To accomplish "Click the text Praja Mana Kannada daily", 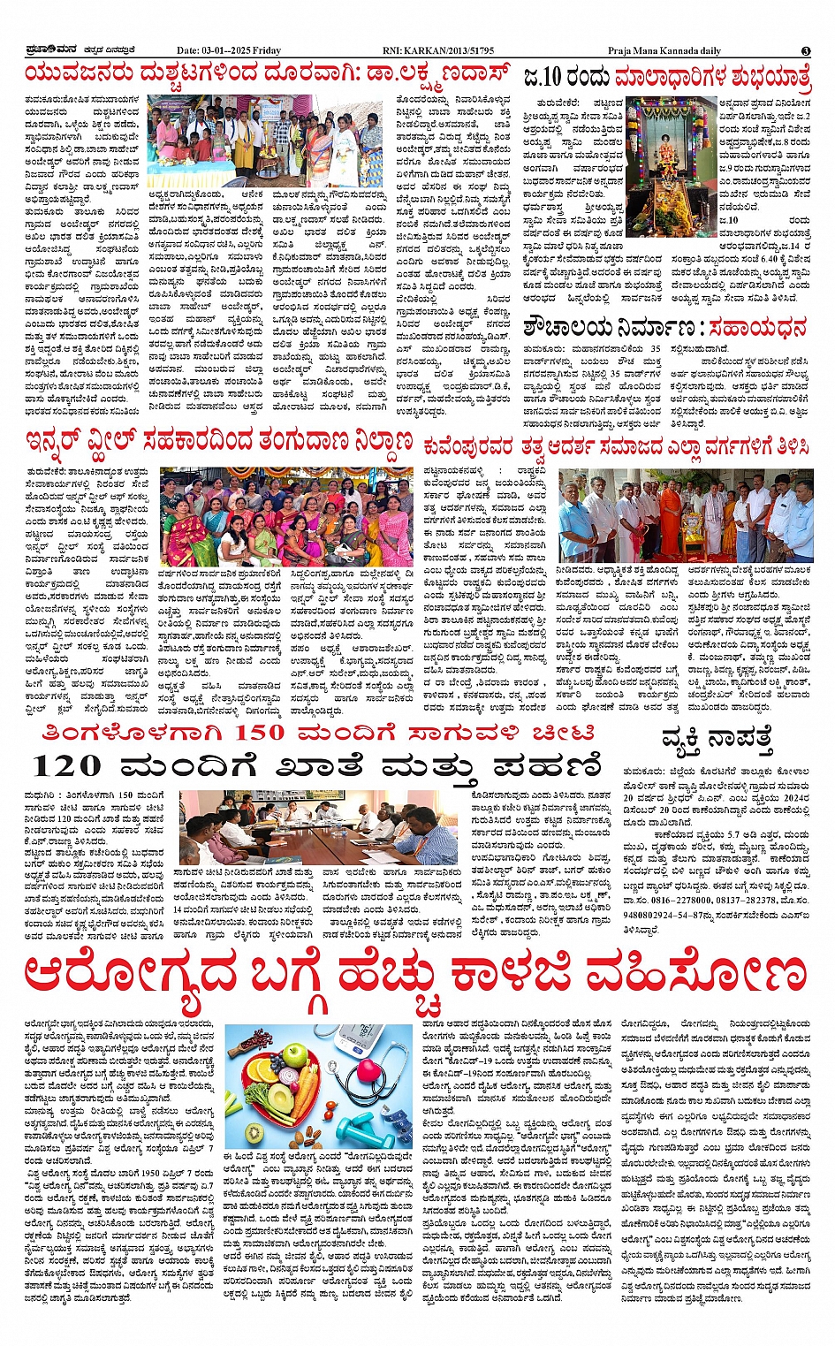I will tap(665, 50).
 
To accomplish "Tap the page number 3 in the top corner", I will tap(806, 51).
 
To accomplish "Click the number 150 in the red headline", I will tap(260, 734).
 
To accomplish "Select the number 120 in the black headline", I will tap(66, 766).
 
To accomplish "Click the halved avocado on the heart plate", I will tap(281, 1097).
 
